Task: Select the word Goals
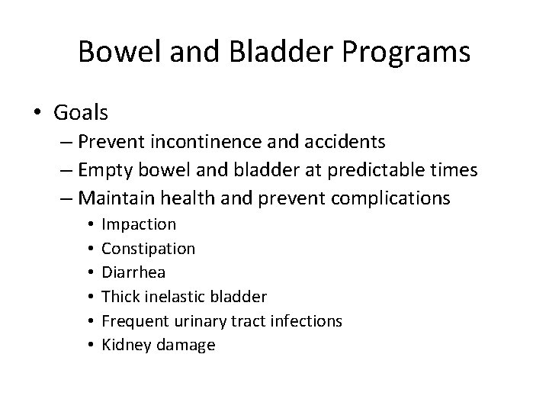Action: [x=82, y=113]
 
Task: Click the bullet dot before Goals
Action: [x=37, y=114]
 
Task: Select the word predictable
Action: [x=364, y=169]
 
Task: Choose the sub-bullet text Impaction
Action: [x=139, y=224]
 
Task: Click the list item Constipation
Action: [x=148, y=248]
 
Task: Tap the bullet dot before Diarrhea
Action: [x=89, y=272]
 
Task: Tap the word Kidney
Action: [x=124, y=345]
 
